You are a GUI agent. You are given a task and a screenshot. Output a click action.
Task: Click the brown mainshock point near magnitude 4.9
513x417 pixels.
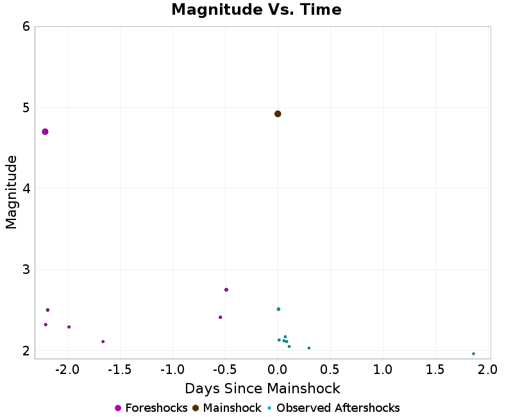coord(278,114)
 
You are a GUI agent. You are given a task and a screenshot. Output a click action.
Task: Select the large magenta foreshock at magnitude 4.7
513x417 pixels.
coord(45,132)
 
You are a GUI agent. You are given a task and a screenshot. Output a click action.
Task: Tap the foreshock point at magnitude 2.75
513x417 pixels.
coord(226,289)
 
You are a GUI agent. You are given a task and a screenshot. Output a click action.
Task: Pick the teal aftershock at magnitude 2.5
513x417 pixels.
coord(278,309)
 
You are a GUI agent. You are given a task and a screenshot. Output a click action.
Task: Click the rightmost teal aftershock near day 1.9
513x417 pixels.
coord(473,353)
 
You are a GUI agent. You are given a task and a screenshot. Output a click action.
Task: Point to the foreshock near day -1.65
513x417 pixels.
coord(103,341)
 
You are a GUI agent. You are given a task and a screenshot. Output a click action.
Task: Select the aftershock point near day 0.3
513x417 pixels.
coord(309,348)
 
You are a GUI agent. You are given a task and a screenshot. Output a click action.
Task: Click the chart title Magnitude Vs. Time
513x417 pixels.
coord(256,10)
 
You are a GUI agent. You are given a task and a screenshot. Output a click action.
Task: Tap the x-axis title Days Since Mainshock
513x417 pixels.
coord(262,388)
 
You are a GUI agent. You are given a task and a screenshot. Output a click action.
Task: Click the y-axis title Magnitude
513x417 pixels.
coord(11,192)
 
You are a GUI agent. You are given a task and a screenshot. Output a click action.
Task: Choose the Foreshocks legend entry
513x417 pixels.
coord(151,408)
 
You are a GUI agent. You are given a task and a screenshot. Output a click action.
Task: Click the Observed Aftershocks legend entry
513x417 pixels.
coord(333,408)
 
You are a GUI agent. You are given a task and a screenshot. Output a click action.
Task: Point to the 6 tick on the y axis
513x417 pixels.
coord(26,26)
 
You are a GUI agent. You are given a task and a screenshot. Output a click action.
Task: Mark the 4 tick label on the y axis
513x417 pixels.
coord(26,189)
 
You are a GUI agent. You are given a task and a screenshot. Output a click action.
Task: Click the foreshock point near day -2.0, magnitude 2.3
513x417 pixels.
coord(69,327)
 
